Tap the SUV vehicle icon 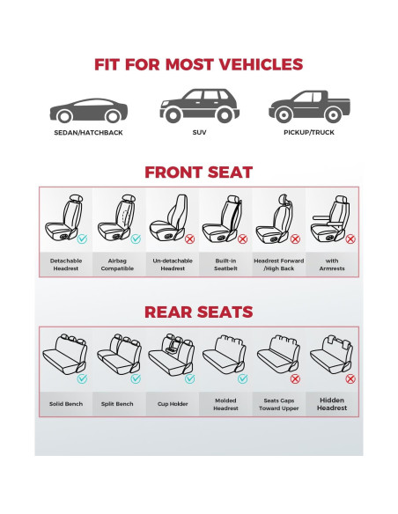(x=199, y=106)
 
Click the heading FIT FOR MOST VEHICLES (x=199, y=64)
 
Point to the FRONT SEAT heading (x=199, y=173)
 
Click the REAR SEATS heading (x=199, y=312)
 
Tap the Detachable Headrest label (x=66, y=264)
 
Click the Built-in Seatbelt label (x=225, y=264)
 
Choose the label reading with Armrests (x=333, y=264)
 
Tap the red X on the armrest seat (x=350, y=239)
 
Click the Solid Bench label (x=66, y=403)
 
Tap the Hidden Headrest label (x=333, y=403)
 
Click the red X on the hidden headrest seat (x=350, y=378)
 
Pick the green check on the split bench (x=136, y=378)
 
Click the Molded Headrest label (x=225, y=403)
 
